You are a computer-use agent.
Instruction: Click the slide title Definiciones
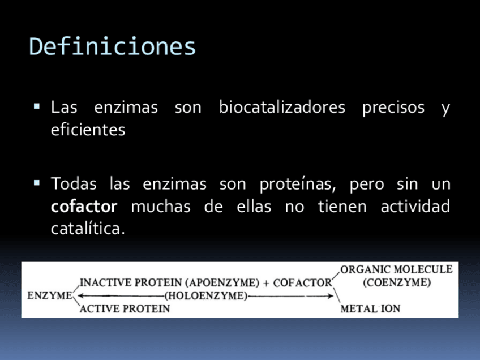(x=112, y=46)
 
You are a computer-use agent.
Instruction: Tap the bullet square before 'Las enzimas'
(x=37, y=106)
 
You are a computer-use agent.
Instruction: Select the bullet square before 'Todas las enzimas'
(x=37, y=183)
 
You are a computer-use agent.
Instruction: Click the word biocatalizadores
(x=282, y=107)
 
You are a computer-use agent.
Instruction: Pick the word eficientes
(x=88, y=130)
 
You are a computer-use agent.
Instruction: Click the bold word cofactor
(x=84, y=206)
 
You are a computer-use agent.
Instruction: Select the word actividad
(x=415, y=206)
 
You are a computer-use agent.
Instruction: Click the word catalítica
(x=88, y=228)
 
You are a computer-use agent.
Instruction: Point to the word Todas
(x=74, y=183)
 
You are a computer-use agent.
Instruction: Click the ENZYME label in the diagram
(x=50, y=295)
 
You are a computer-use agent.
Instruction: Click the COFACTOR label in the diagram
(x=302, y=283)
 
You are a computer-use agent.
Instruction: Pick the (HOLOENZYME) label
(x=206, y=295)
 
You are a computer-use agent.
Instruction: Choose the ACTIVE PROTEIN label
(x=125, y=309)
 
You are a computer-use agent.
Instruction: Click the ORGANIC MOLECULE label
(x=396, y=269)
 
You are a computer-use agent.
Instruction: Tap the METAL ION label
(x=370, y=308)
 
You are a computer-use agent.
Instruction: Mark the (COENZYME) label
(x=397, y=282)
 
